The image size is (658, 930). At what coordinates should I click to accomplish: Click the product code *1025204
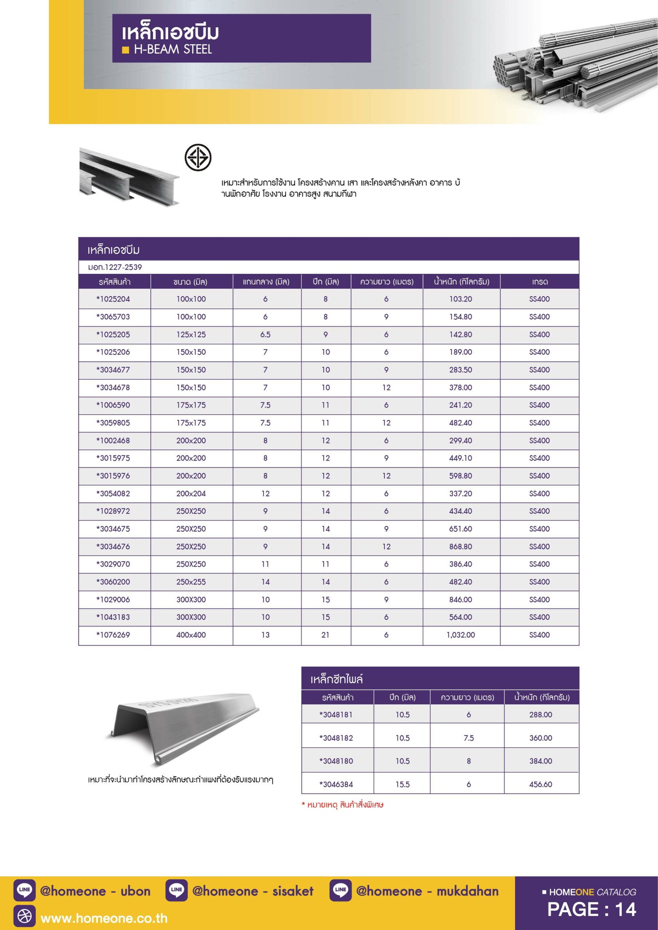click(113, 299)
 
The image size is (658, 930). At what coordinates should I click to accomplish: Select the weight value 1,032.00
click(461, 635)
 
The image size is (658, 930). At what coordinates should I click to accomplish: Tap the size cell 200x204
click(191, 493)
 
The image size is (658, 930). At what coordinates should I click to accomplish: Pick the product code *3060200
click(113, 582)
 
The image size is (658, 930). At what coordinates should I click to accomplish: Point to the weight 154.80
click(461, 317)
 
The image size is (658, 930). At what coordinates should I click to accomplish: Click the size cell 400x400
click(191, 635)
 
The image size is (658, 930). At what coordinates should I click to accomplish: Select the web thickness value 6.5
click(265, 335)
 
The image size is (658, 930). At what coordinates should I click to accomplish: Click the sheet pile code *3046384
click(336, 784)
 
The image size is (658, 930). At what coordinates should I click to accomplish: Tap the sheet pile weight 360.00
click(541, 737)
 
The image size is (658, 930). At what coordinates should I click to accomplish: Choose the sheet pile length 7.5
click(468, 737)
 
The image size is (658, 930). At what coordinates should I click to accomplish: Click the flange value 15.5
click(402, 784)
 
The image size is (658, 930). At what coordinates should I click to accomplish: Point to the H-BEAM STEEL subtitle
click(173, 49)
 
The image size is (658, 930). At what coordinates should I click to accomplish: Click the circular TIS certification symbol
click(198, 157)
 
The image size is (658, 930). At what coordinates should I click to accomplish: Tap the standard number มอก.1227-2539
click(115, 267)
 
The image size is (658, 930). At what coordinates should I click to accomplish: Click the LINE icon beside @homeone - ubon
click(24, 891)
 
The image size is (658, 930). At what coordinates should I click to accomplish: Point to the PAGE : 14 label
click(591, 910)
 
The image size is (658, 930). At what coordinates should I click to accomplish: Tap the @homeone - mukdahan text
click(427, 891)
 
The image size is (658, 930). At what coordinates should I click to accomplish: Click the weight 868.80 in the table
click(461, 546)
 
